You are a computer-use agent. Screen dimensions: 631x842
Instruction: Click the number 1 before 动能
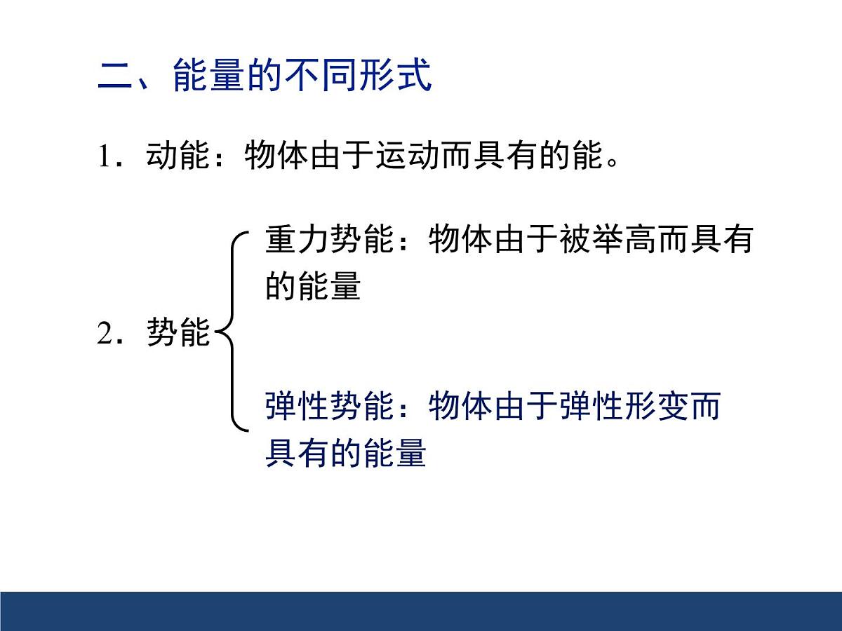click(x=105, y=157)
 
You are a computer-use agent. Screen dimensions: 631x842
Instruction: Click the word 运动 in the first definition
click(x=406, y=157)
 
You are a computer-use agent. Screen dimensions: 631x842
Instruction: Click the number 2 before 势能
click(x=105, y=334)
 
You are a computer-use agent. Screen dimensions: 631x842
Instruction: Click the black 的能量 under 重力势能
click(x=313, y=287)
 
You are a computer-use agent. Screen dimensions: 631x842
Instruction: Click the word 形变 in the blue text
click(x=657, y=407)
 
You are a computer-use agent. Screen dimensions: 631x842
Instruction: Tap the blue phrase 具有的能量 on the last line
click(x=346, y=454)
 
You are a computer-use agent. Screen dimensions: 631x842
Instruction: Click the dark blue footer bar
click(x=421, y=611)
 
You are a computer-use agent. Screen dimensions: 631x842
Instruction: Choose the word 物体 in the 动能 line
click(x=276, y=157)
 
